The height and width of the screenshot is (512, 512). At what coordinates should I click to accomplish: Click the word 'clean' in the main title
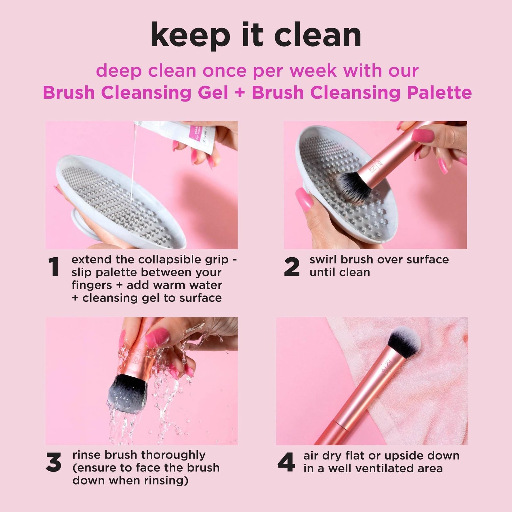[318, 35]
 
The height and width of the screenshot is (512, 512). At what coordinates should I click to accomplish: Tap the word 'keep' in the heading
[190, 36]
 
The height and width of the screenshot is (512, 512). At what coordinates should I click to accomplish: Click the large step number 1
[54, 267]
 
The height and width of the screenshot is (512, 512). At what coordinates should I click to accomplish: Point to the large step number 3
[53, 463]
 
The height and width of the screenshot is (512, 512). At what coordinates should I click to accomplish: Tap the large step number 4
[286, 463]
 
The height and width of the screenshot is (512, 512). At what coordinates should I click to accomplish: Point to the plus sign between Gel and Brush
[240, 93]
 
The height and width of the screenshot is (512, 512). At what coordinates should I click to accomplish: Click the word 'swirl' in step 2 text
[323, 260]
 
